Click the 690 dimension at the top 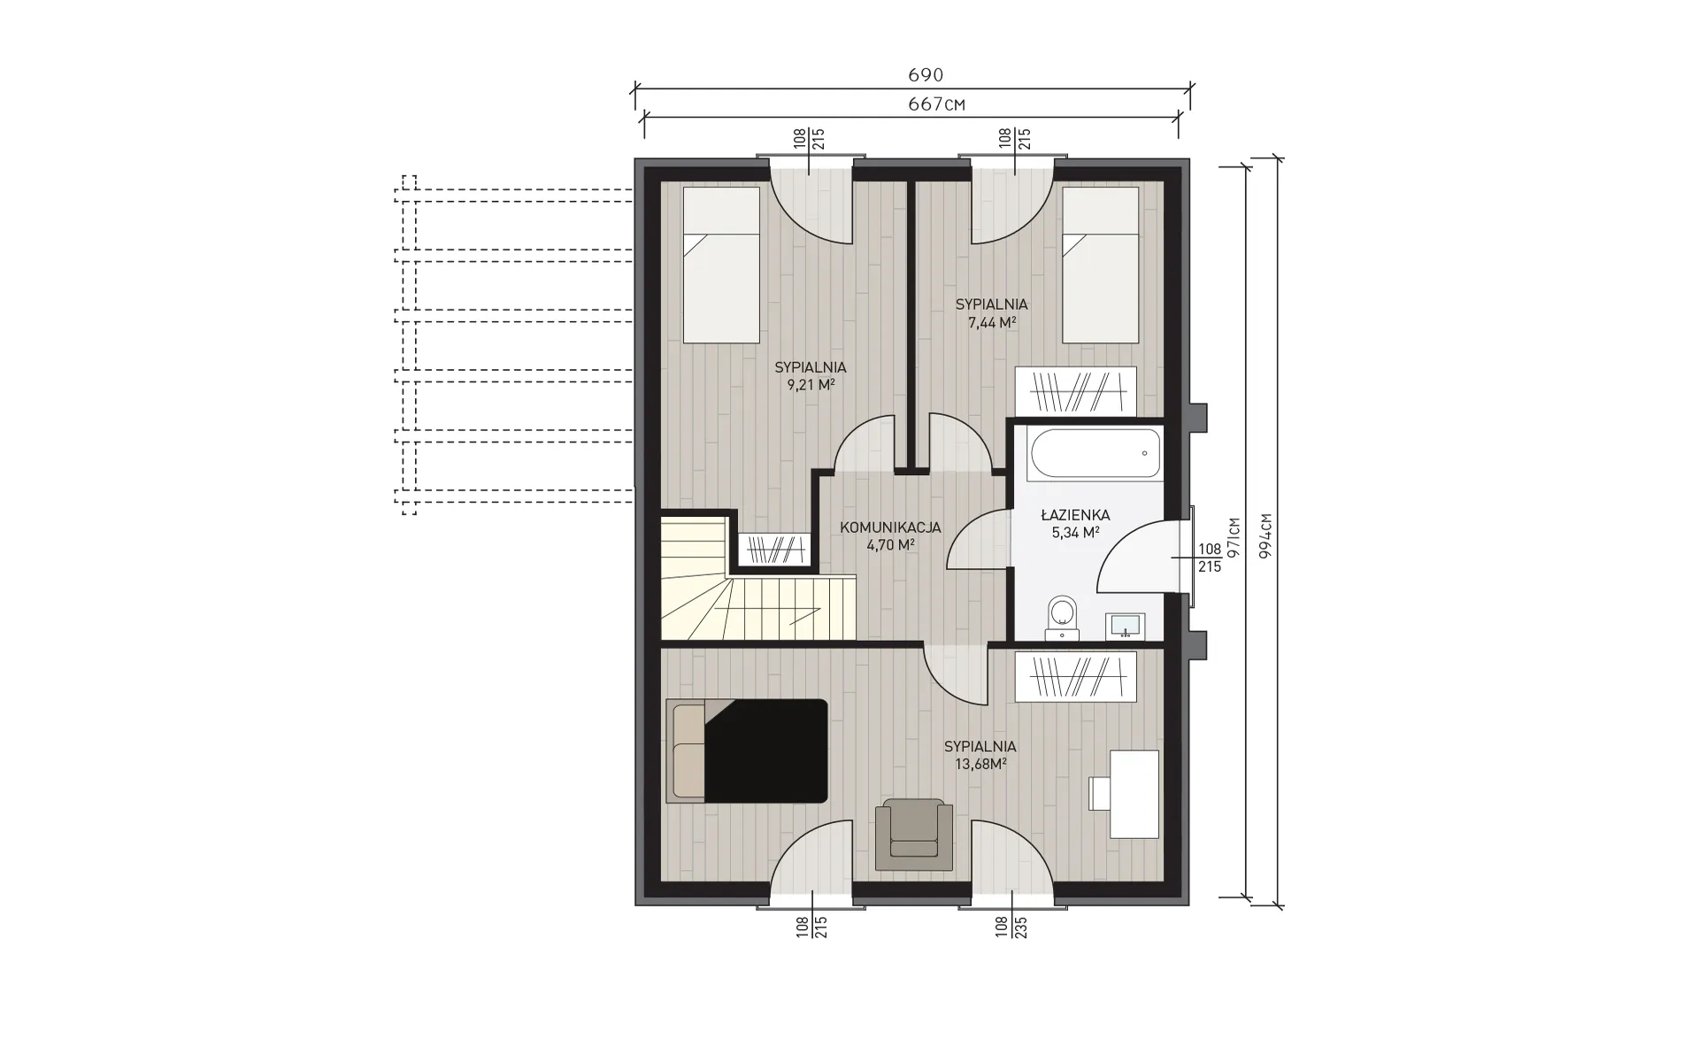pyautogui.click(x=926, y=75)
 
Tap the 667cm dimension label pyautogui.click(x=936, y=104)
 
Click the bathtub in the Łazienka pyautogui.click(x=1096, y=453)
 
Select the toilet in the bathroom pyautogui.click(x=1061, y=617)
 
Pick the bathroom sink pyautogui.click(x=1126, y=626)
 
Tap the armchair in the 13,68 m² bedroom pyautogui.click(x=914, y=834)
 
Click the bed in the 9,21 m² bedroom pyautogui.click(x=721, y=265)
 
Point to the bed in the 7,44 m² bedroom pyautogui.click(x=1100, y=265)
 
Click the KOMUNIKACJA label pyautogui.click(x=890, y=528)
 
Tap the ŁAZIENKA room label pyautogui.click(x=1075, y=515)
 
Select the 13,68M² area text pyautogui.click(x=980, y=764)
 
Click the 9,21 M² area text pyautogui.click(x=811, y=385)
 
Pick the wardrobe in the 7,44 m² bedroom pyautogui.click(x=1075, y=390)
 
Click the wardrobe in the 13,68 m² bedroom pyautogui.click(x=1075, y=677)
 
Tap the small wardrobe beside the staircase pyautogui.click(x=774, y=549)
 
